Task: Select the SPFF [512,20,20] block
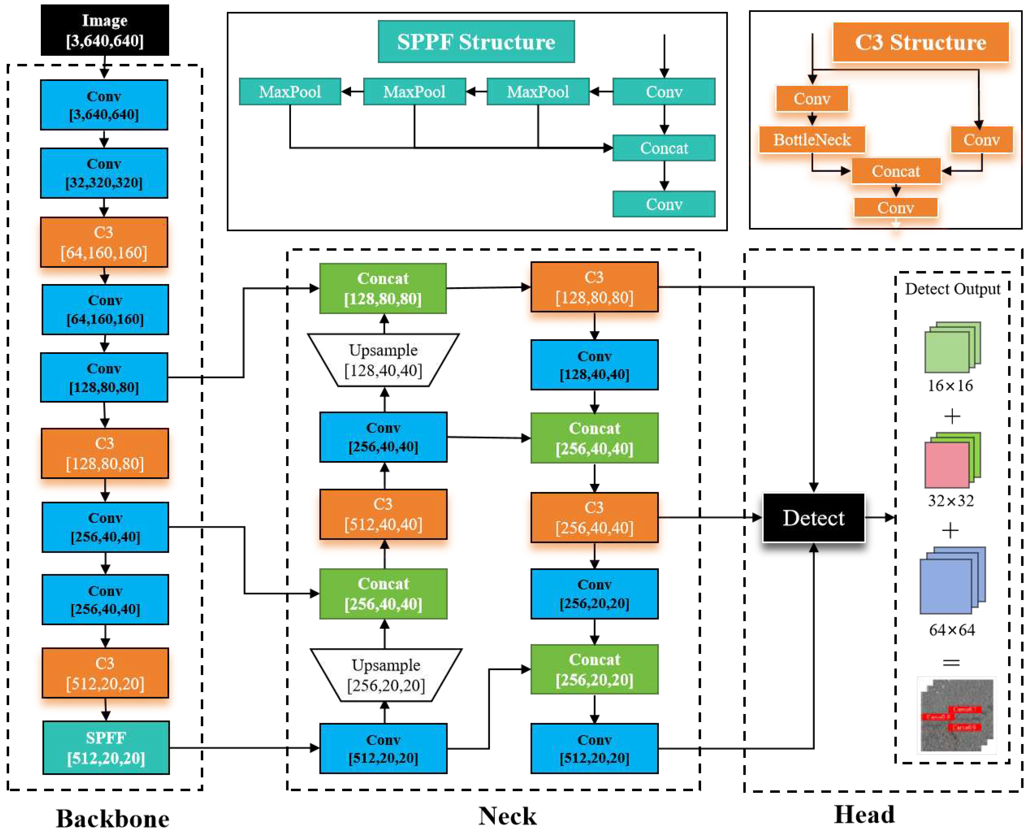tap(106, 748)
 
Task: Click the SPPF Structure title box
tap(476, 42)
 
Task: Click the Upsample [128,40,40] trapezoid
tap(383, 360)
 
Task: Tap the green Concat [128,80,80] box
tap(383, 288)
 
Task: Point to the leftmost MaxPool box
tap(290, 91)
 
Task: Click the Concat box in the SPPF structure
tap(664, 148)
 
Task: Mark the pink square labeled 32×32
tap(946, 465)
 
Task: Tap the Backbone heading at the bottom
tap(112, 818)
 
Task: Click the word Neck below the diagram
tap(507, 816)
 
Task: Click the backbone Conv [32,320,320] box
tap(104, 173)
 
